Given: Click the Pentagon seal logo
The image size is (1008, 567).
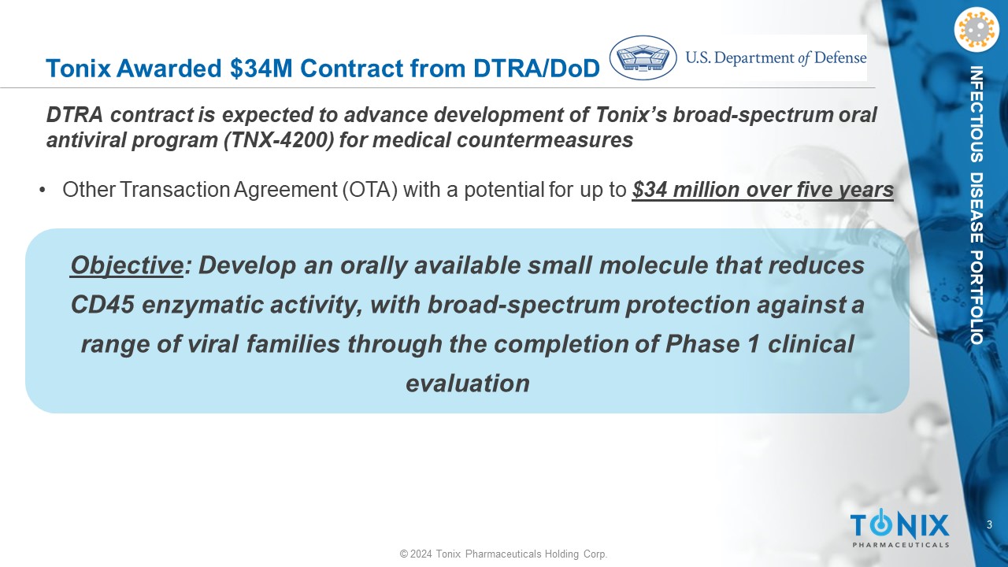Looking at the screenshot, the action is point(643,58).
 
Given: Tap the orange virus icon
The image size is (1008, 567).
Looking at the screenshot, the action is point(976,30).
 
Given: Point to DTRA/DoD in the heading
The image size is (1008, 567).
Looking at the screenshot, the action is point(536,69).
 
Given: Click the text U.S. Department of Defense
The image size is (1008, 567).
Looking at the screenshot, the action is point(776,58).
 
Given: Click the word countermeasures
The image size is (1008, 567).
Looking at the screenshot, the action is point(545,140).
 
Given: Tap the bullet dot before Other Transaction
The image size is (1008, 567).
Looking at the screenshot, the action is point(43,191).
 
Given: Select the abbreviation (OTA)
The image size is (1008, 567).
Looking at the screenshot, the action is point(370,190).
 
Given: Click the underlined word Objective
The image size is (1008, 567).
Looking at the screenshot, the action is point(127,265).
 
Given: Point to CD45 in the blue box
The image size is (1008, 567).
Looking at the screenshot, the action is point(102,305).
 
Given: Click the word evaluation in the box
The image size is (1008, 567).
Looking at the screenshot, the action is point(468,384).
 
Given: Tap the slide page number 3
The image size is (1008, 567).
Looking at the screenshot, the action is point(990,524).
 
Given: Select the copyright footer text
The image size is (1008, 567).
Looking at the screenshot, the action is point(503,554).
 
